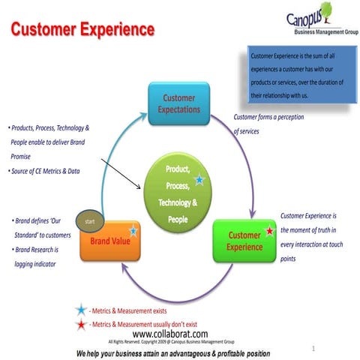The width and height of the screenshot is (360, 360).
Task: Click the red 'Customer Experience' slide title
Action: click(82, 30)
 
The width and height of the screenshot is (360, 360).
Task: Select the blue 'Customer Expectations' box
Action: click(179, 104)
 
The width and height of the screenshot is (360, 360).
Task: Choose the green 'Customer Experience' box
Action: click(244, 241)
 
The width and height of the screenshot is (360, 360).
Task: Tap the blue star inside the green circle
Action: click(199, 180)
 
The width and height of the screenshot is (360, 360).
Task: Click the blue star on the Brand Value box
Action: click(133, 230)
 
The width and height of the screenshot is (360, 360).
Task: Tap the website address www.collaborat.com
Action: click(169, 334)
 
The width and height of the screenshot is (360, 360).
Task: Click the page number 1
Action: click(312, 349)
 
